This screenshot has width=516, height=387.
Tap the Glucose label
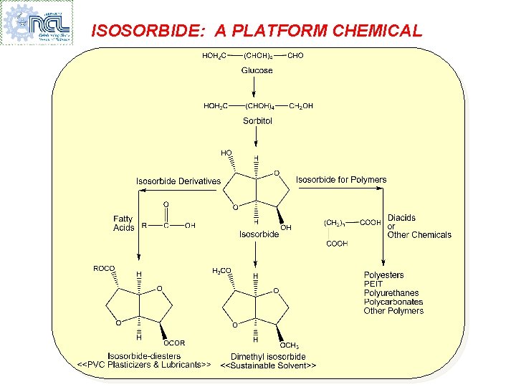pyautogui.click(x=257, y=70)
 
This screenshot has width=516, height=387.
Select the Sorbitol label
pyautogui.click(x=257, y=121)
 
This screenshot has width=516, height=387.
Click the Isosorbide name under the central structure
pyautogui.click(x=259, y=234)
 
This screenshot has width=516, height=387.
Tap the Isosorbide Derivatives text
pyautogui.click(x=178, y=181)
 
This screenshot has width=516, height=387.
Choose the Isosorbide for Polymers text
pyautogui.click(x=341, y=180)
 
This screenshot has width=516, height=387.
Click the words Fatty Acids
pyautogui.click(x=123, y=223)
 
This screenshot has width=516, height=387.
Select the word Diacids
pyautogui.click(x=401, y=218)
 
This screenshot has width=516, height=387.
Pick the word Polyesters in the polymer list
pyautogui.click(x=383, y=275)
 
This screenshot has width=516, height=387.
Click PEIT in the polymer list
pyautogui.click(x=373, y=285)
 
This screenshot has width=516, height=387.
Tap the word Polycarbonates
pyautogui.click(x=393, y=302)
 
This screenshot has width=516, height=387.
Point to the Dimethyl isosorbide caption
pyautogui.click(x=268, y=356)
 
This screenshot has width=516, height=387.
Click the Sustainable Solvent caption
pyautogui.click(x=268, y=365)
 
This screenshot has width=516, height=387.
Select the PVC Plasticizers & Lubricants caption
pyautogui.click(x=144, y=365)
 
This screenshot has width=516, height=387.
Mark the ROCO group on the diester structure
pyautogui.click(x=104, y=269)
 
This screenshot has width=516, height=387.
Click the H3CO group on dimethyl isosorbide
pyautogui.click(x=221, y=270)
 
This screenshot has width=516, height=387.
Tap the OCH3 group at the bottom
pyautogui.click(x=290, y=345)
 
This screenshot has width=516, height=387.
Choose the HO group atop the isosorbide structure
pyautogui.click(x=226, y=153)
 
